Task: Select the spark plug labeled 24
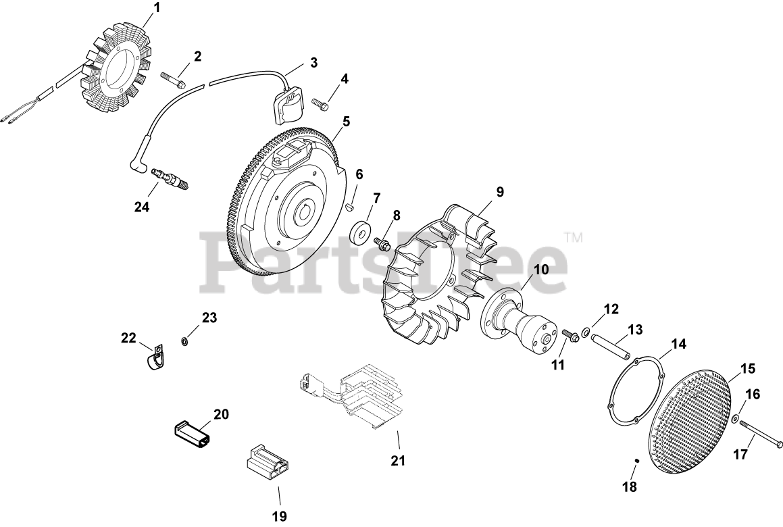(170, 178)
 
